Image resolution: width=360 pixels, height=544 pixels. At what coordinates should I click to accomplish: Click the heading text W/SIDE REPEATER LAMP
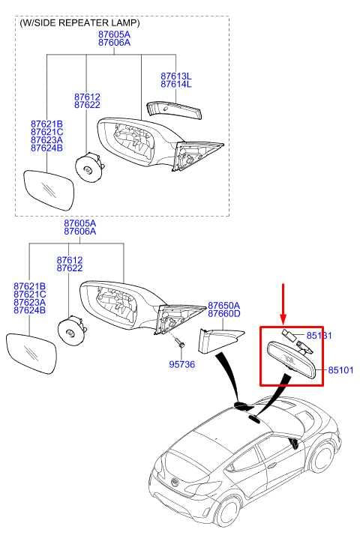79,22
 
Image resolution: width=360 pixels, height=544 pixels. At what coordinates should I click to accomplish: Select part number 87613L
176,76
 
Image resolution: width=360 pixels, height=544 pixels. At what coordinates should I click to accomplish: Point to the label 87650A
223,306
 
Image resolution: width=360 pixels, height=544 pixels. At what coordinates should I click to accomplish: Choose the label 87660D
223,315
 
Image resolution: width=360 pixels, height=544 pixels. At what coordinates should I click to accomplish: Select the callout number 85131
317,335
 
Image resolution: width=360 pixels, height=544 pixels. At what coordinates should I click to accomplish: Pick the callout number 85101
339,370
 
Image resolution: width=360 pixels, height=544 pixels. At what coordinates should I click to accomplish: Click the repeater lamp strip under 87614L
175,109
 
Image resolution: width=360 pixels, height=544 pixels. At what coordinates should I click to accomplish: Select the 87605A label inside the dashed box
113,34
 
